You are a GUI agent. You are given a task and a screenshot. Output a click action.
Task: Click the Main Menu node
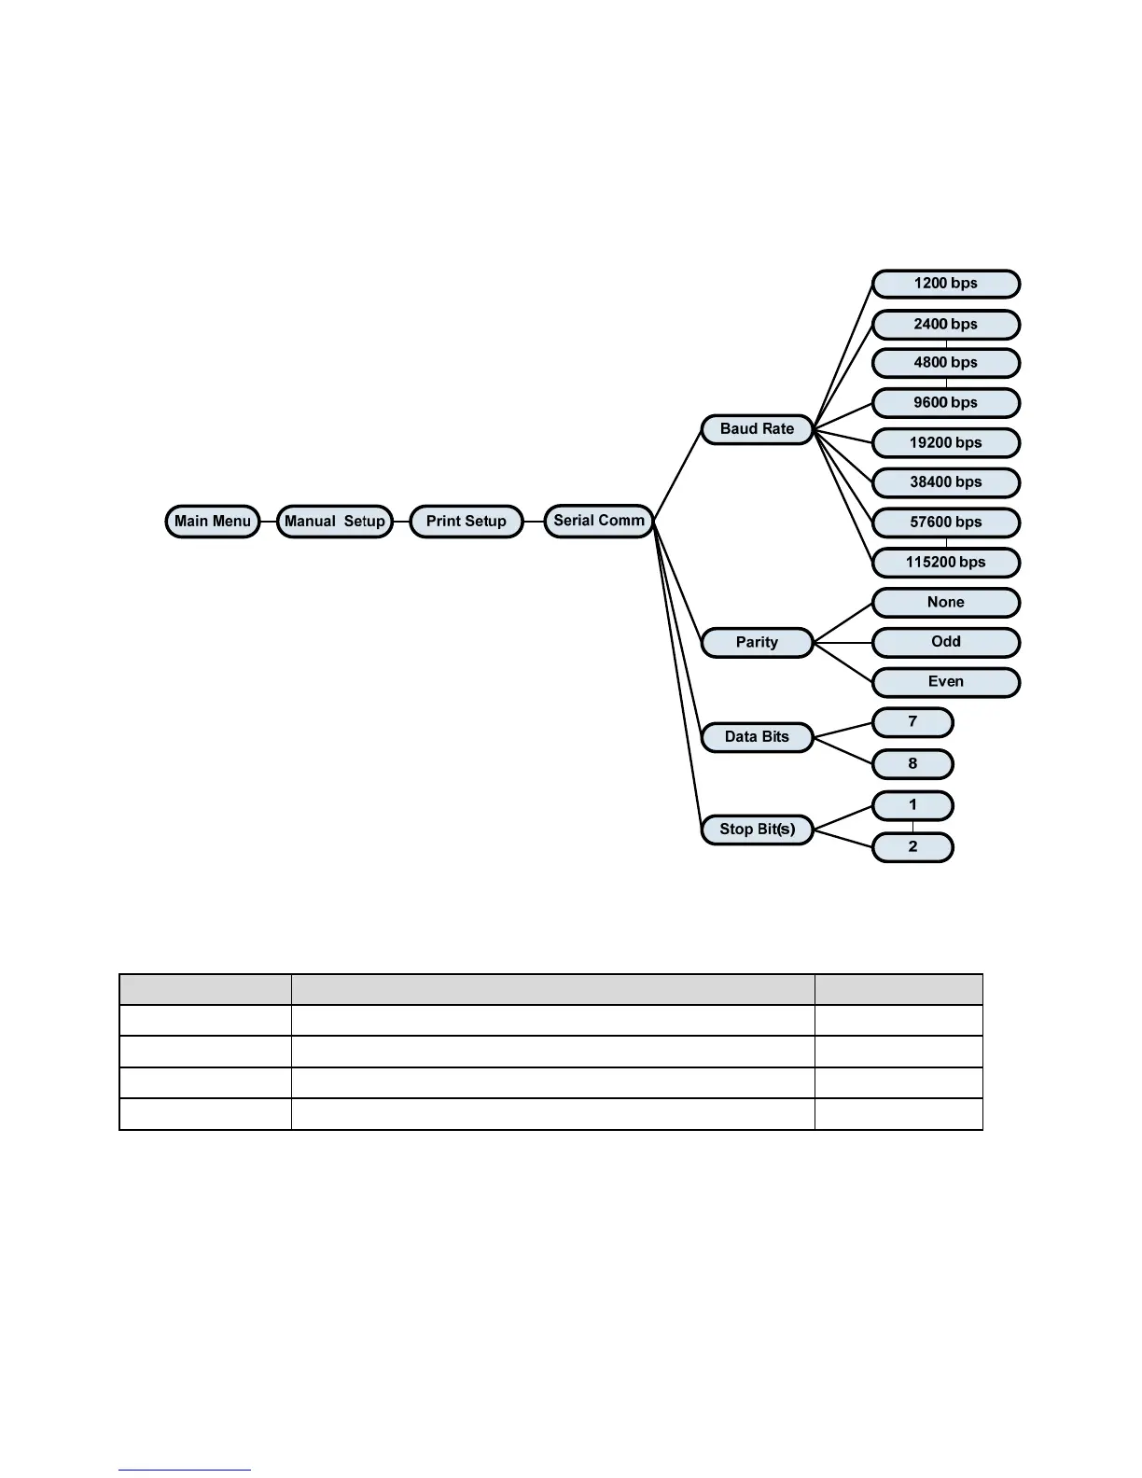[213, 522]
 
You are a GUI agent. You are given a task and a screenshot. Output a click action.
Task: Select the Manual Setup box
[335, 522]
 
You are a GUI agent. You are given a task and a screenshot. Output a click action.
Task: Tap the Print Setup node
[467, 522]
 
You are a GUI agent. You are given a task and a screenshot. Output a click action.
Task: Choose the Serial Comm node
[599, 521]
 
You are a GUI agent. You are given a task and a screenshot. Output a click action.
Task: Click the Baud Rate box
[757, 429]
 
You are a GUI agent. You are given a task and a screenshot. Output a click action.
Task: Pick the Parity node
[757, 642]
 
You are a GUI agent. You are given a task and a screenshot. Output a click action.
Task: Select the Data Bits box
[757, 737]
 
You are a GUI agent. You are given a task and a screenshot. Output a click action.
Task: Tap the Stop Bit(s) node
[757, 830]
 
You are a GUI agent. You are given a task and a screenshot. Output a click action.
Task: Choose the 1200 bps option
[945, 284]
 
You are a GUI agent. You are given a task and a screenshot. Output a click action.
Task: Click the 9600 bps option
[945, 403]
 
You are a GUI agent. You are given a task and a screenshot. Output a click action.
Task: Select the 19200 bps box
[945, 443]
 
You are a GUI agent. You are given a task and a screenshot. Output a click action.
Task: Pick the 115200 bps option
[945, 563]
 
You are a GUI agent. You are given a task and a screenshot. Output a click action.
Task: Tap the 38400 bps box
[945, 482]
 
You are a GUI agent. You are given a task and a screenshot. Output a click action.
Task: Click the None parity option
[945, 603]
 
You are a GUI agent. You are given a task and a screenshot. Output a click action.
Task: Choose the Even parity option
[945, 682]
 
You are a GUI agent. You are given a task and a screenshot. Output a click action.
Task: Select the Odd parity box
[945, 642]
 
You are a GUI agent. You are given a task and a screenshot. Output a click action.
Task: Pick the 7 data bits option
[912, 722]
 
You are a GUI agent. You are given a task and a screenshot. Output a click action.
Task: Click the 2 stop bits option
[912, 847]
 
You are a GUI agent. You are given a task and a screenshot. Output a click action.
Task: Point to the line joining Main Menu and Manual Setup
[269, 522]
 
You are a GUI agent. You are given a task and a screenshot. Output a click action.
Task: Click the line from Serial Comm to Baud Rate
[677, 475]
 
